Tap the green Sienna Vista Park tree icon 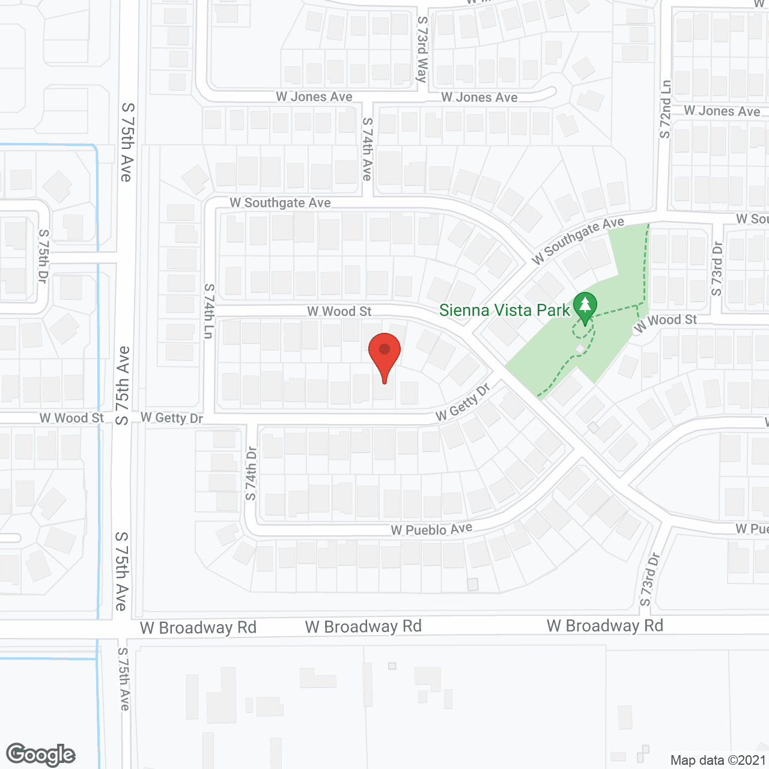click(585, 306)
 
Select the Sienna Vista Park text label click(504, 310)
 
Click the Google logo click(41, 755)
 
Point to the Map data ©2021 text click(718, 760)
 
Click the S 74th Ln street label click(209, 311)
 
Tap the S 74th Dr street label click(251, 473)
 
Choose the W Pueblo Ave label click(431, 529)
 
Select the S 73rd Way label click(423, 49)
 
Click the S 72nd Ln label click(665, 109)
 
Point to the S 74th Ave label click(367, 149)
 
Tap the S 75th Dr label click(43, 256)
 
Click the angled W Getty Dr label click(463, 403)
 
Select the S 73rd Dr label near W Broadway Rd click(649, 579)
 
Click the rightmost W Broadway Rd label click(604, 625)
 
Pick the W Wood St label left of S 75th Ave click(71, 418)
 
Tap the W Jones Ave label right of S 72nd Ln click(722, 111)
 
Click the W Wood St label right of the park click(665, 323)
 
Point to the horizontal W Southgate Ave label click(280, 202)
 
